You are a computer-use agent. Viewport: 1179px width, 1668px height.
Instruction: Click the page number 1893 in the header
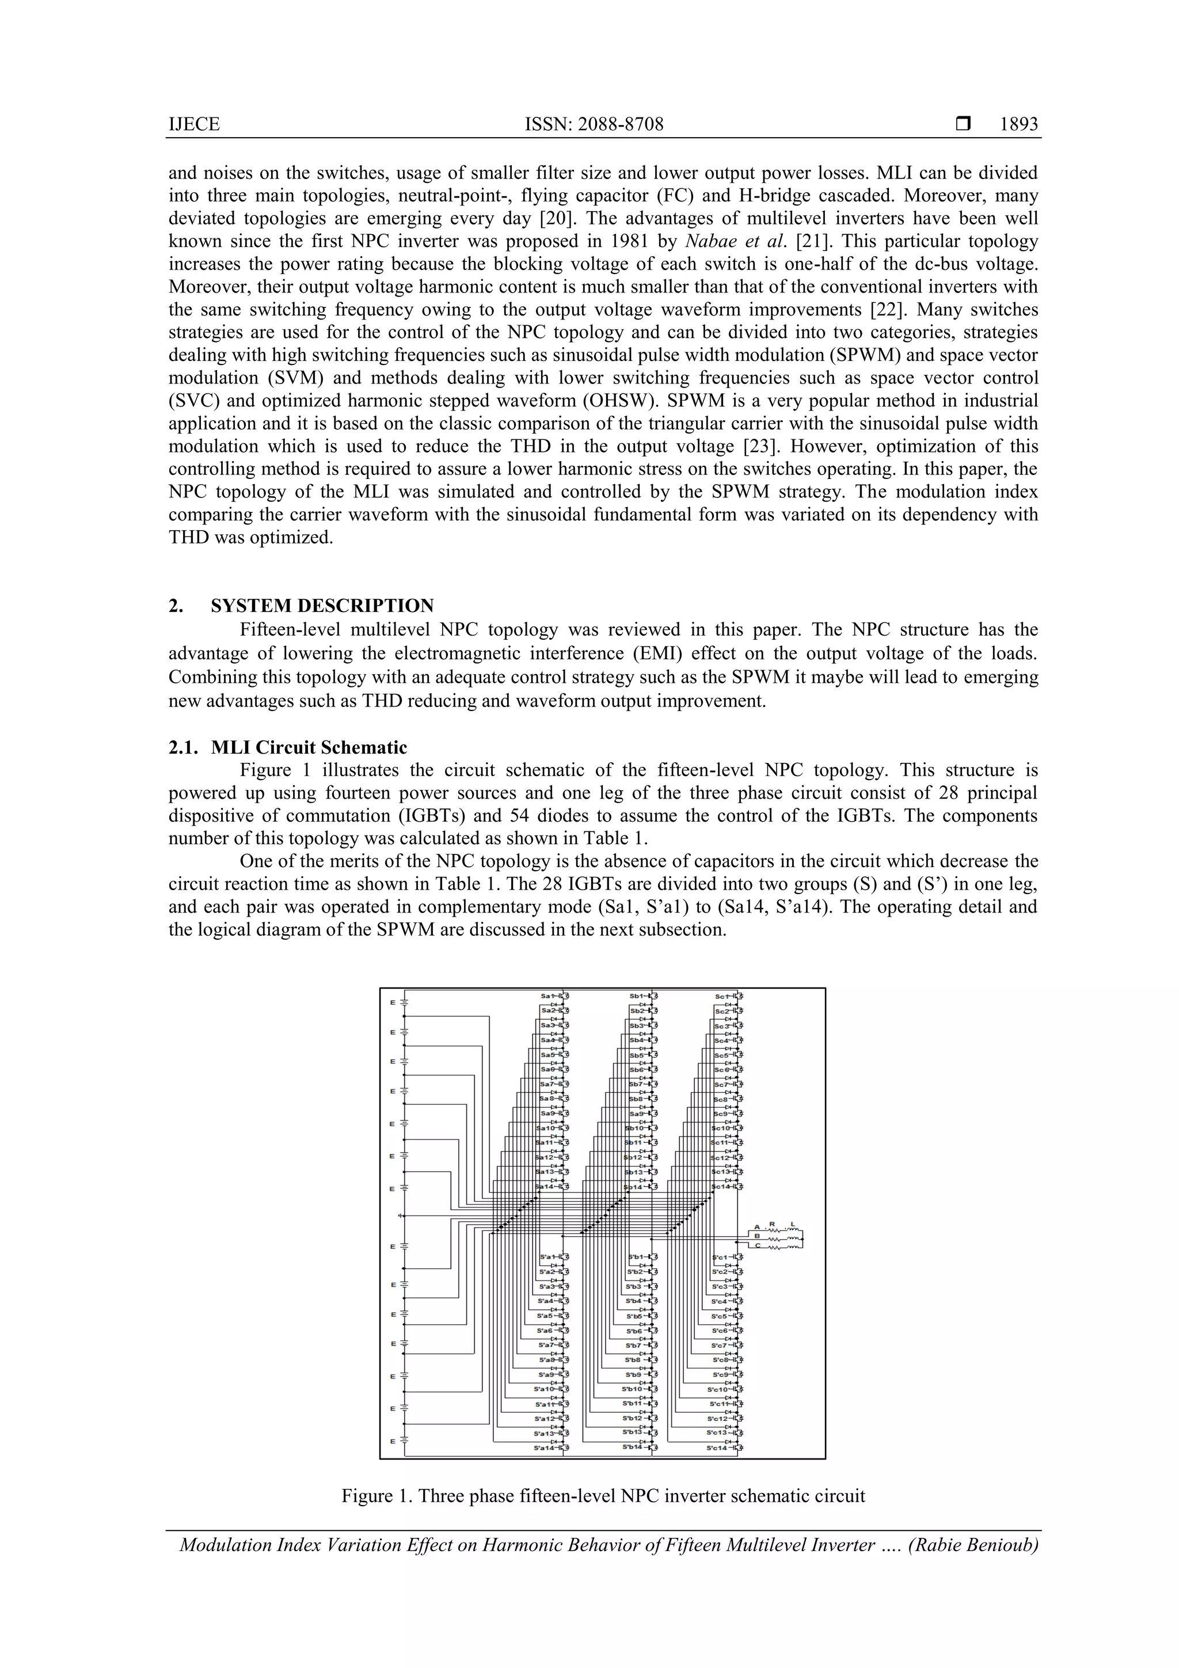pyautogui.click(x=1018, y=124)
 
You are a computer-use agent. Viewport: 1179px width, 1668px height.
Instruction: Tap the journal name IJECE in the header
pyautogui.click(x=194, y=124)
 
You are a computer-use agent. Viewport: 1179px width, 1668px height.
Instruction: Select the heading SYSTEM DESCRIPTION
pyautogui.click(x=322, y=606)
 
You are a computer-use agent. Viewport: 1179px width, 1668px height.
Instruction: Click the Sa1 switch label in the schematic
pyautogui.click(x=549, y=996)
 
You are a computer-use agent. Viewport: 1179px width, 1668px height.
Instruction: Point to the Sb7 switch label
pyautogui.click(x=636, y=1085)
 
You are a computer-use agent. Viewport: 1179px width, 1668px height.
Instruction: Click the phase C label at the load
pyautogui.click(x=757, y=1246)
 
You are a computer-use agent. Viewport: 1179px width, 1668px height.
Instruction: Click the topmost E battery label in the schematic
pyautogui.click(x=392, y=1002)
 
